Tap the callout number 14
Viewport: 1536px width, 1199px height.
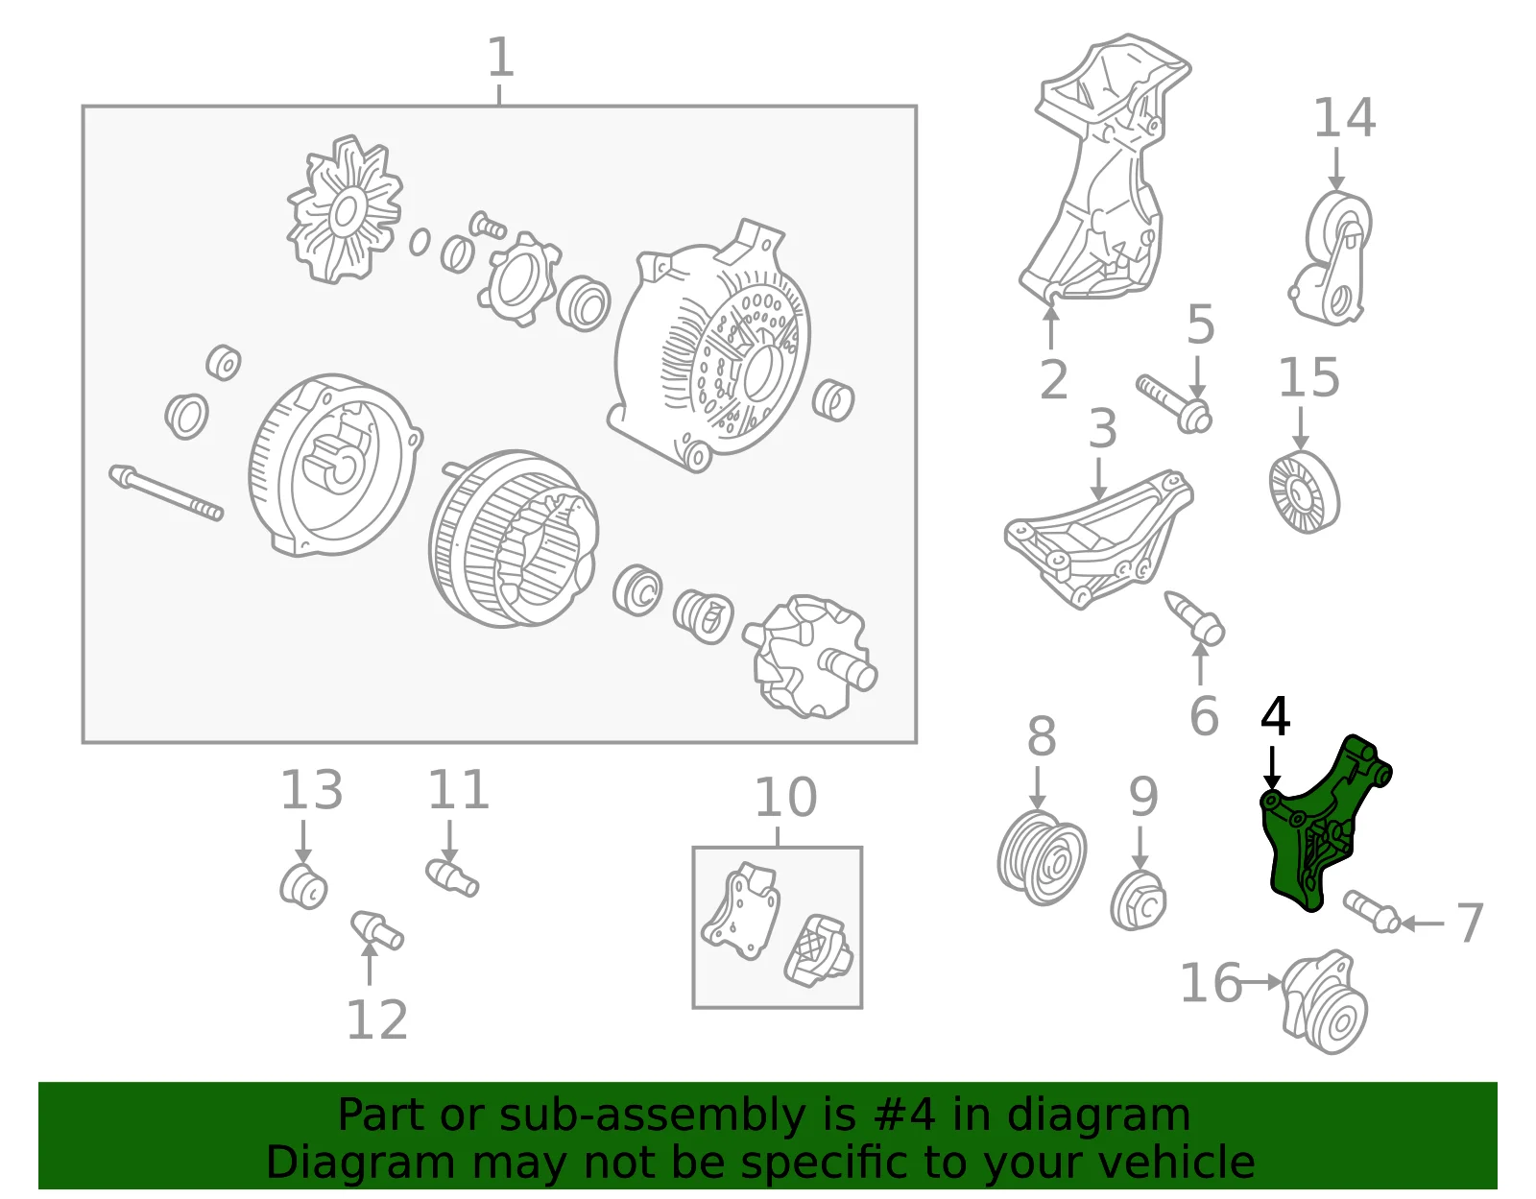1344,118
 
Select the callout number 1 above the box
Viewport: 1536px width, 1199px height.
500,58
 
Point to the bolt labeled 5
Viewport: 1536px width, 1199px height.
1174,404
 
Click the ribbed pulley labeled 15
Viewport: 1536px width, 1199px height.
1304,492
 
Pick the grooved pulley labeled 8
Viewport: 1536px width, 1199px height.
1042,858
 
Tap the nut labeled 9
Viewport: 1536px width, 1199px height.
1138,900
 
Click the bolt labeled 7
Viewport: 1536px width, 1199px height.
1371,911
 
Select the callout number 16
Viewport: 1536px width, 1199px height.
1211,983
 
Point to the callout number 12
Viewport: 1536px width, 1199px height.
376,1020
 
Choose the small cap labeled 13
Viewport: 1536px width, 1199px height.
303,886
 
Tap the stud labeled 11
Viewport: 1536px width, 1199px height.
452,877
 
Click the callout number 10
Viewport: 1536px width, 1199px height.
785,798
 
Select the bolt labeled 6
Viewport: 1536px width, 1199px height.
1194,618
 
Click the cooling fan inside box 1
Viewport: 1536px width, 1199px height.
345,210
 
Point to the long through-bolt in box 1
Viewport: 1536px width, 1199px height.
166,493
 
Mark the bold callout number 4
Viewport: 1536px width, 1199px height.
1275,716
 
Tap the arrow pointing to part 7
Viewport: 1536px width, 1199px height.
1422,923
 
